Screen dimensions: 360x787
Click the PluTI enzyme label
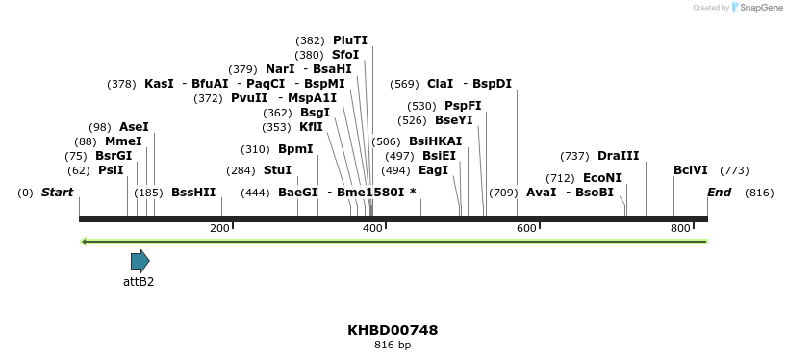349,40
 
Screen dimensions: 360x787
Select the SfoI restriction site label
345,55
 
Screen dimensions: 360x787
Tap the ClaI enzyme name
440,84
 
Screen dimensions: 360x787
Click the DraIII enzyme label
618,156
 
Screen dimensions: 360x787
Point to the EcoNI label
602,178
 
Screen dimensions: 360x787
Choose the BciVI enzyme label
690,170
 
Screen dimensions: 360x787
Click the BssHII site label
193,193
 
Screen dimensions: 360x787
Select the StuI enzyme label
277,170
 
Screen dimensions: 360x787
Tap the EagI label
434,170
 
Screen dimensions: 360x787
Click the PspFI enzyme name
463,106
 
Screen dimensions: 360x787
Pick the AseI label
134,127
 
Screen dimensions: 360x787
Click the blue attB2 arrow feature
140,260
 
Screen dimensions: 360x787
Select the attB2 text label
139,282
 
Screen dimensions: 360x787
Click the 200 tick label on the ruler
219,227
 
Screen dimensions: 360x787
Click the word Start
57,193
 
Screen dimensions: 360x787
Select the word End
719,193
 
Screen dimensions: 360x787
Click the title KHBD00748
393,330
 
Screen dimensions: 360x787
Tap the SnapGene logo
757,8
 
